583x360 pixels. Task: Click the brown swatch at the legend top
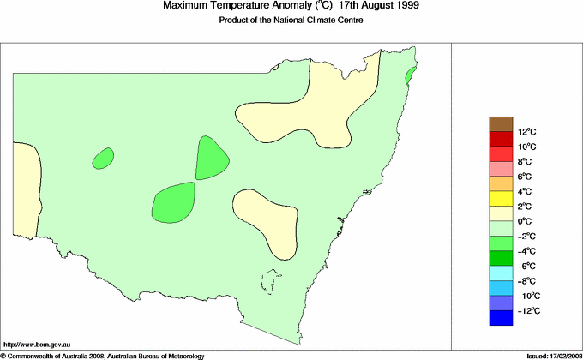502,124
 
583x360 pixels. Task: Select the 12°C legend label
526,132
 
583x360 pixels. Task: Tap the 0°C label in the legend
525,221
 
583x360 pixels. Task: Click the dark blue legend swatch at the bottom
502,318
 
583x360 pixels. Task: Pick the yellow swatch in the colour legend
502,199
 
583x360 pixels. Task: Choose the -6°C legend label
526,266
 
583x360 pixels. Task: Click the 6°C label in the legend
525,177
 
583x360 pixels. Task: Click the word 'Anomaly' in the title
273,6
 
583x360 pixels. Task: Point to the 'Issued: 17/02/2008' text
549,355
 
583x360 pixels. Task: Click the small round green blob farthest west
103,158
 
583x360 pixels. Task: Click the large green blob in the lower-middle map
173,202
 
